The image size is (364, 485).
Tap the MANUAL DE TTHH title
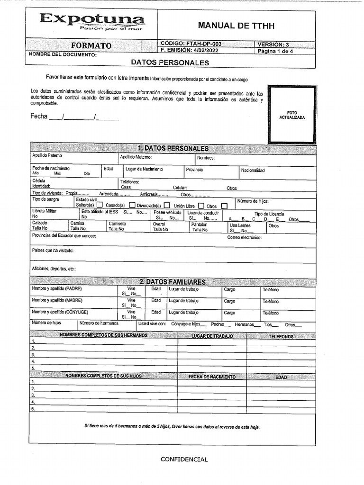(236, 26)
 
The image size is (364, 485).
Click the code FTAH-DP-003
(191, 44)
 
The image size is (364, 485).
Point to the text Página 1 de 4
(275, 52)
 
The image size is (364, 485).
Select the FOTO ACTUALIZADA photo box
(292, 115)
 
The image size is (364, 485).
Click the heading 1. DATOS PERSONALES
(173, 148)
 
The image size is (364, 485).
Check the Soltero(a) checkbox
(100, 206)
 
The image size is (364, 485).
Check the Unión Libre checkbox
(201, 206)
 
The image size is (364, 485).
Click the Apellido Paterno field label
(47, 155)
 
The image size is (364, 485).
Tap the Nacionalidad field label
(253, 171)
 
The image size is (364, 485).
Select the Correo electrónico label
(244, 237)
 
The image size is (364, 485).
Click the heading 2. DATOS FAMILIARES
(173, 282)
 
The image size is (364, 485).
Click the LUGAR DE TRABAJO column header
(212, 336)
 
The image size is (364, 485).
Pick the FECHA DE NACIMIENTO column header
(212, 377)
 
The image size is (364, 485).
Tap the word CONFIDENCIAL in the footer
(184, 459)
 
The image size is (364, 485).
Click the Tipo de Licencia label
(269, 214)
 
